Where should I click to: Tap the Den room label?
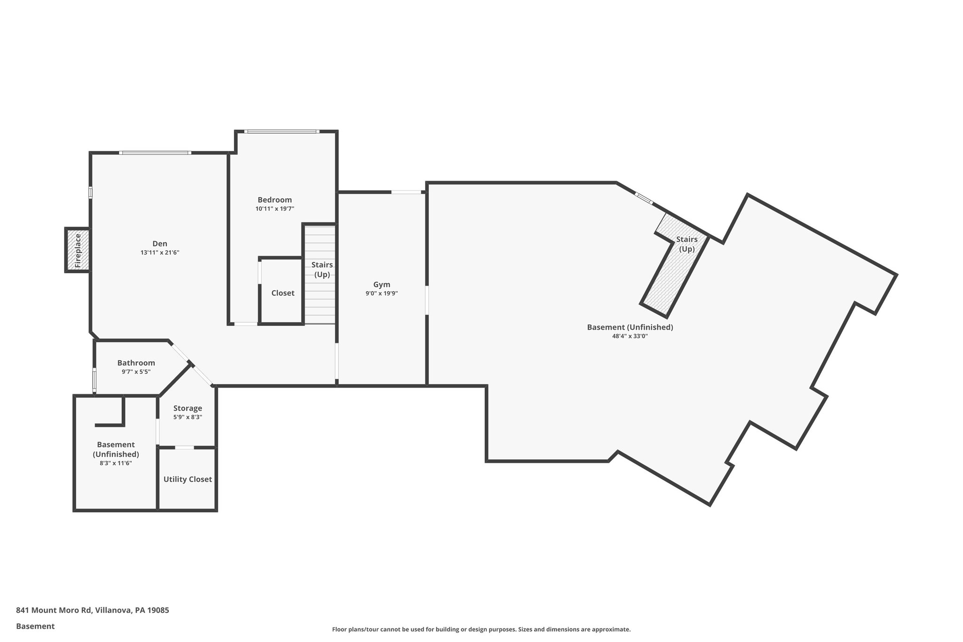[x=160, y=244]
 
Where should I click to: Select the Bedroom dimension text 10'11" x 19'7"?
[x=275, y=209]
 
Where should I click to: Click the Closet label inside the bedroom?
[x=283, y=293]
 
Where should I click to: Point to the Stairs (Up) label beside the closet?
[x=322, y=269]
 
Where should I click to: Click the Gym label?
[x=381, y=285]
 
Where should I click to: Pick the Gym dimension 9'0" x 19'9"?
[x=381, y=293]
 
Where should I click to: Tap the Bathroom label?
[x=136, y=363]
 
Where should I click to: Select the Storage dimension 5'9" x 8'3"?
[x=188, y=417]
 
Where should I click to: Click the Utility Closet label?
[x=188, y=479]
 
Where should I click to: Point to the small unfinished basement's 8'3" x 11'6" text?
[x=116, y=463]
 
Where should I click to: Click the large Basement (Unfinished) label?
[x=630, y=327]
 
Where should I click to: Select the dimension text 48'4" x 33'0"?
[x=630, y=336]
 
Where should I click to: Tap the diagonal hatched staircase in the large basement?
[x=668, y=277]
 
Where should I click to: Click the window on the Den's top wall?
[x=155, y=153]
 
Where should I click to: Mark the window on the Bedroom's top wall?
[x=282, y=131]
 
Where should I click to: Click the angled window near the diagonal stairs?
[x=644, y=198]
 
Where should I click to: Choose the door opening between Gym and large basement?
[x=427, y=300]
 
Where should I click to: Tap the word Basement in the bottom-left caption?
[x=35, y=626]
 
